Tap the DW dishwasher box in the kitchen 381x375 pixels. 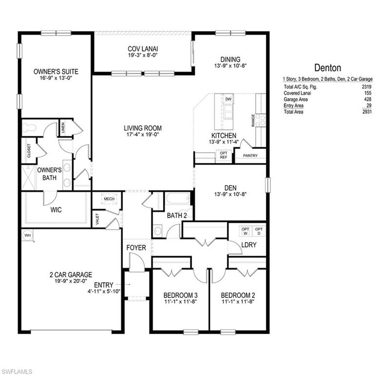pyautogui.click(x=228, y=100)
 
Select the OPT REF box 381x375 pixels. pyautogui.click(x=223, y=155)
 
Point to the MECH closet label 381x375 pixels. pyautogui.click(x=108, y=199)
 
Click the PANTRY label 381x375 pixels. pyautogui.click(x=251, y=157)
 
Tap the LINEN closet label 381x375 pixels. pyautogui.click(x=63, y=128)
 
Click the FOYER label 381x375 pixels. pyautogui.click(x=136, y=248)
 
